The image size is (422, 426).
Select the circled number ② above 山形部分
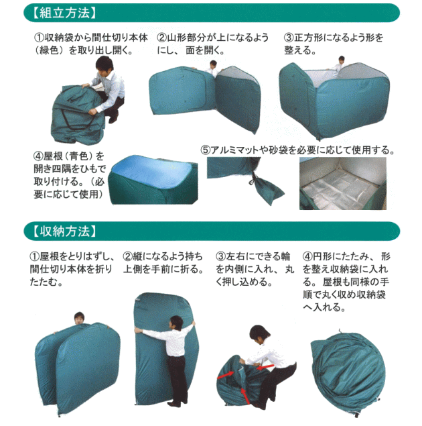[x=161, y=38]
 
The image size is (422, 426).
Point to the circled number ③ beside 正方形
[x=289, y=38]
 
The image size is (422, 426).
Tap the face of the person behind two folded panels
[x=78, y=319]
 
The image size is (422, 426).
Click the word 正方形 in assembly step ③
[x=313, y=38]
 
